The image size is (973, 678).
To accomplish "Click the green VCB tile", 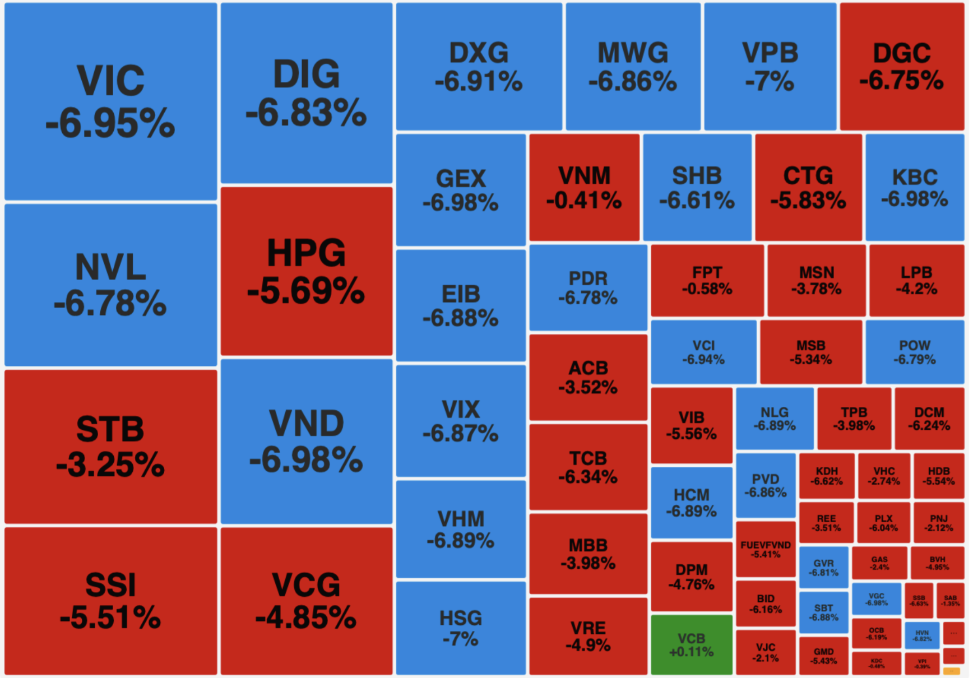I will [x=691, y=644].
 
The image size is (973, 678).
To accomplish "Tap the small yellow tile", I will [x=952, y=671].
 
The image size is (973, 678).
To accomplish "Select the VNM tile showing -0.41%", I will [x=584, y=188].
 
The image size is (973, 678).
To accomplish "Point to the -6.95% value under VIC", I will [x=110, y=123].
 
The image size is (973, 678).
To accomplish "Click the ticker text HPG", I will [x=306, y=253].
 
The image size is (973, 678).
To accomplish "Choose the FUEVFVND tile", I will [x=766, y=549].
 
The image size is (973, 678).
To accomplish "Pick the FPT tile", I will [x=707, y=280].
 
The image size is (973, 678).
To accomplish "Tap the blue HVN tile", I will [x=922, y=635].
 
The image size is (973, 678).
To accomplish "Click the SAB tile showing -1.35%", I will [x=951, y=601].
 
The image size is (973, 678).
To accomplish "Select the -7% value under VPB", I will [x=770, y=82].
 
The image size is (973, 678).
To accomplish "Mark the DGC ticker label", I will [x=902, y=54].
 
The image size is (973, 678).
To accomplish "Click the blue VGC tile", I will [x=877, y=599].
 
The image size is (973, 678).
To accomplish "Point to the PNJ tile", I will [x=939, y=522].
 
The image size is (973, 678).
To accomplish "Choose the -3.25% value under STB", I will [x=110, y=465].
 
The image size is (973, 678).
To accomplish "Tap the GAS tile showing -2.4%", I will [x=879, y=563].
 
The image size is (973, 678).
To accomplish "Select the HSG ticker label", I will [x=461, y=618].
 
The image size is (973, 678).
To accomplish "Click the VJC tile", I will [x=766, y=652].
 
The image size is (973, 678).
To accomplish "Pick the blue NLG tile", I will [x=775, y=419].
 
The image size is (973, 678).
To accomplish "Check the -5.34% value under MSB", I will [x=810, y=360].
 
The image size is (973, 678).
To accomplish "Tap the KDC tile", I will [x=877, y=663].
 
